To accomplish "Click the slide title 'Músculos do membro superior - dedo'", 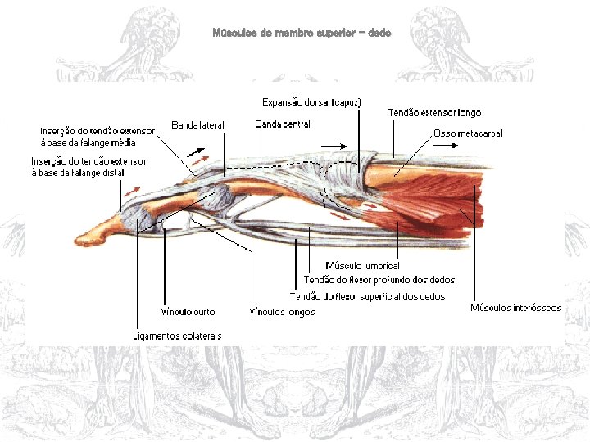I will point(302,33).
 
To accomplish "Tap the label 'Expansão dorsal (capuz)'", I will point(311,102).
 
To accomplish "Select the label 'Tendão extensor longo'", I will point(434,112).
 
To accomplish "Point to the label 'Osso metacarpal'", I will point(467,133).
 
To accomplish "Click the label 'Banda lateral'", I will point(197,124).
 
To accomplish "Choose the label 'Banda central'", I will point(283,124).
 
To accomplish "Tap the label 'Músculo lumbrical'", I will point(362,266).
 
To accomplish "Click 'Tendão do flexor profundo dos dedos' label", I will point(379,280).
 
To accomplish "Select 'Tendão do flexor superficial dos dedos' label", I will point(368,296).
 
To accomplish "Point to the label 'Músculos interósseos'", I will point(516,308).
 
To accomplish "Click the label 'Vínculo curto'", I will point(188,312).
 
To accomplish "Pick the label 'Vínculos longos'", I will point(282,312).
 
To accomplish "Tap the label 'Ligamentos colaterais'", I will point(177,336).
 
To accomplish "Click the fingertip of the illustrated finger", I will point(83,239).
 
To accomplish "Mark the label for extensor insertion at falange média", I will point(98,137).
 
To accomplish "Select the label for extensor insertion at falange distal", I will point(88,167).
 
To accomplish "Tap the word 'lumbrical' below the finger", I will point(380,266).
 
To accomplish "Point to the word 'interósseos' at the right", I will point(538,308).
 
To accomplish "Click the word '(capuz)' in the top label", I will point(347,102).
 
